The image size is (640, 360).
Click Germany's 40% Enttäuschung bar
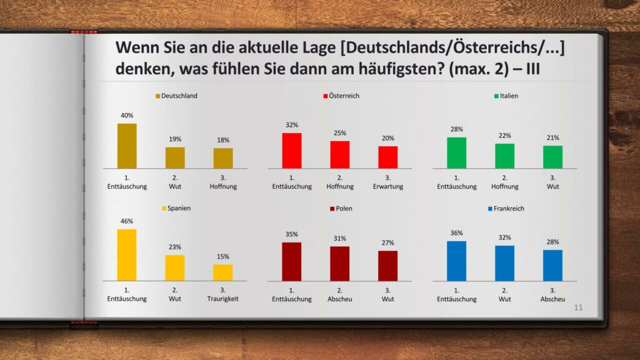click(127, 146)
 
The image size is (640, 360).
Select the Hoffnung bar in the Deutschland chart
click(223, 158)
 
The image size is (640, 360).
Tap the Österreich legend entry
click(341, 96)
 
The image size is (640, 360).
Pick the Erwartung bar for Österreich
click(387, 157)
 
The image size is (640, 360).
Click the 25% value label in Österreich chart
click(339, 133)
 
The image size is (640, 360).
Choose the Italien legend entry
click(506, 96)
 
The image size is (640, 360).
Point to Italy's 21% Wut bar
click(552, 157)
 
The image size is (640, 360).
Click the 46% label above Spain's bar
click(127, 221)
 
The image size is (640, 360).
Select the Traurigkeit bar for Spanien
click(223, 272)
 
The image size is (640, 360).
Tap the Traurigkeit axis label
click(223, 299)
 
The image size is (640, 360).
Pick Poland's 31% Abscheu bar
click(339, 263)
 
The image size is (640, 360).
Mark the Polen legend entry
click(341, 208)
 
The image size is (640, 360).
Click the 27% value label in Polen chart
click(387, 242)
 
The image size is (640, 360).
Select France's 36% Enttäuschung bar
click(456, 261)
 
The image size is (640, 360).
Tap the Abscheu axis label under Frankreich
click(552, 299)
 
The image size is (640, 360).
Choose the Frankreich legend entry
click(506, 208)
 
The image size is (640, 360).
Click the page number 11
click(578, 307)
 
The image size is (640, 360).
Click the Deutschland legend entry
click(176, 96)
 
